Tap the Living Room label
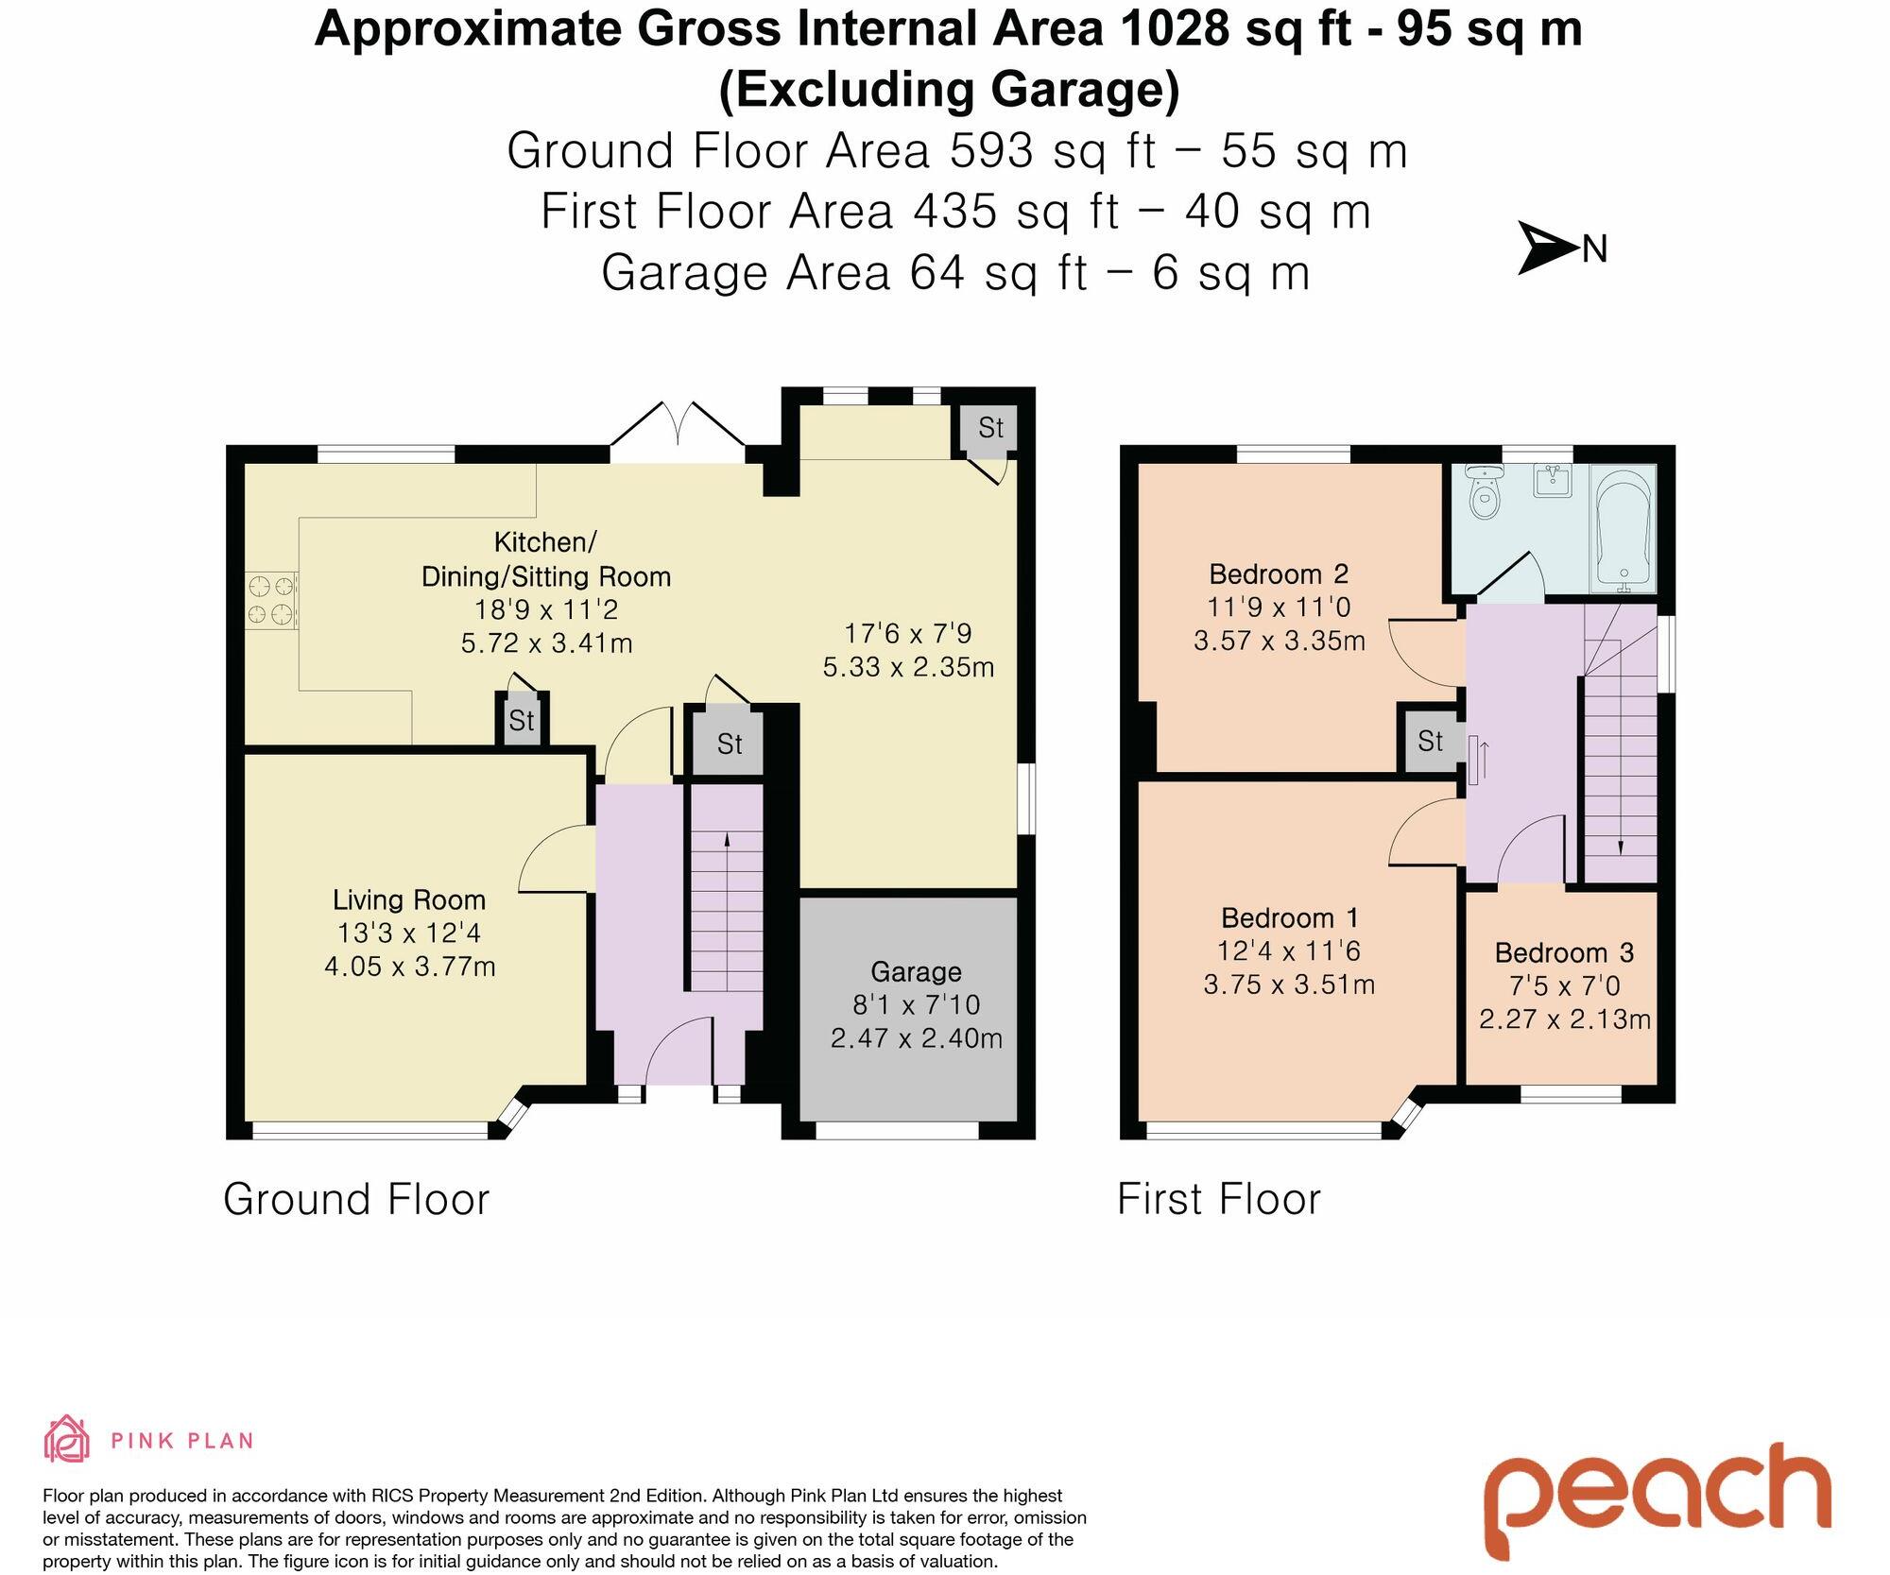click(x=409, y=899)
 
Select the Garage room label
click(x=916, y=971)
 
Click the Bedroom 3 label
click(x=1564, y=952)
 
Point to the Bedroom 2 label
click(x=1279, y=574)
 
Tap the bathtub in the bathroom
click(x=1624, y=525)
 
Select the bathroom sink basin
click(x=1553, y=481)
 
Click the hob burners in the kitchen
click(x=271, y=601)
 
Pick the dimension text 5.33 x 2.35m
click(x=908, y=667)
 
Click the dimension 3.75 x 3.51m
click(x=1289, y=984)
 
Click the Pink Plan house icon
click(x=67, y=1439)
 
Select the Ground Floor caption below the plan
click(x=356, y=1200)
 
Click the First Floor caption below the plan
click(x=1218, y=1200)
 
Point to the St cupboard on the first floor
click(x=1431, y=741)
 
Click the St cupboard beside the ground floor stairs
click(x=729, y=745)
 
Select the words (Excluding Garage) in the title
click(x=949, y=91)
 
